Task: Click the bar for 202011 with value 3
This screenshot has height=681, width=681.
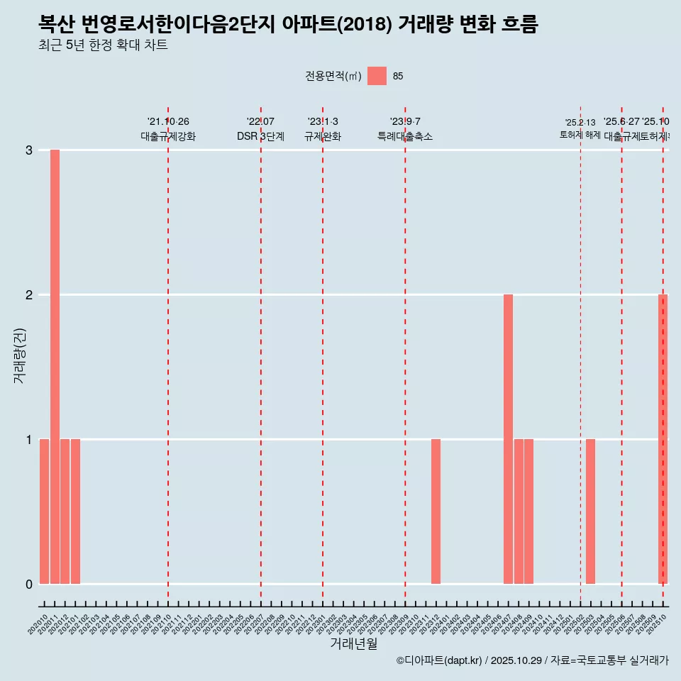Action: tap(55, 366)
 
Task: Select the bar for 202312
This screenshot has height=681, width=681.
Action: tap(436, 511)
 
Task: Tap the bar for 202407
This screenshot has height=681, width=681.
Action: tap(508, 439)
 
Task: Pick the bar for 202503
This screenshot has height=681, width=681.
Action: tap(590, 511)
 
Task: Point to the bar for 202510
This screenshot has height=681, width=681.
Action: tap(663, 439)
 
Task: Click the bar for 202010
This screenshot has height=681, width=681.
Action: tap(44, 511)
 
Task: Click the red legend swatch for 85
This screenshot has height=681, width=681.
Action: tap(377, 76)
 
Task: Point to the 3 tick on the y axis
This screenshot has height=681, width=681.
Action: tap(29, 150)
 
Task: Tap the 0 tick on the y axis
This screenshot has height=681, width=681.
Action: tap(29, 585)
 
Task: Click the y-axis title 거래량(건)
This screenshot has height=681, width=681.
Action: tap(20, 355)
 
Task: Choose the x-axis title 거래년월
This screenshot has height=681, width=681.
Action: tap(353, 643)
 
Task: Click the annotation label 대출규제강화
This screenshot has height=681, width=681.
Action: tap(168, 136)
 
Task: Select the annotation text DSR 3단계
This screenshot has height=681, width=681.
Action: tap(260, 136)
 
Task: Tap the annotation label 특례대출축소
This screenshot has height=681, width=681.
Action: tap(405, 136)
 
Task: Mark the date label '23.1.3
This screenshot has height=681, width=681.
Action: tap(323, 122)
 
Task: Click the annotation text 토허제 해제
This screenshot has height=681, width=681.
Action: tap(580, 135)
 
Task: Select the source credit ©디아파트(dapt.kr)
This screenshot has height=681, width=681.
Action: tap(439, 660)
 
